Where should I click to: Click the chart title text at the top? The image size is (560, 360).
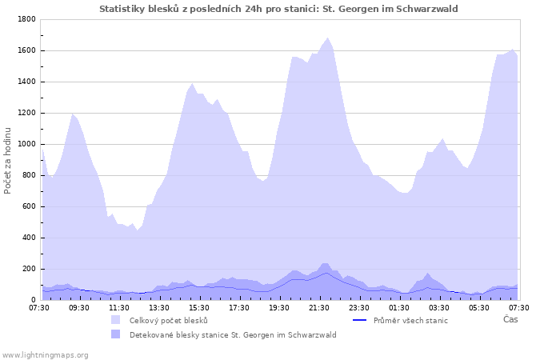point(278,8)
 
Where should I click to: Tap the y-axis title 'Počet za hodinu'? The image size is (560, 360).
point(8,159)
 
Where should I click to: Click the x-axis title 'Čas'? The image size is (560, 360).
point(510,319)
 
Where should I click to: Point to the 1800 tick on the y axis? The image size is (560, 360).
point(26,19)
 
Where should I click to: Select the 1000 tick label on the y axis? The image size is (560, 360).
point(26,144)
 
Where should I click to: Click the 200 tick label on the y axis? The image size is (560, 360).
point(28,269)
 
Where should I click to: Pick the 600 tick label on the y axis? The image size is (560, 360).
point(28,206)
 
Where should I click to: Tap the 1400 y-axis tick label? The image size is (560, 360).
point(26,82)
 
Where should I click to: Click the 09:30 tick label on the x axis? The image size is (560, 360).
point(79,307)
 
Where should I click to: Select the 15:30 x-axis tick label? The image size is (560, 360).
point(199,307)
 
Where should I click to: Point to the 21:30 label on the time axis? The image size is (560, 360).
point(319,307)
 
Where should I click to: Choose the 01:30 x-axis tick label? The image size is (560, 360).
point(399,307)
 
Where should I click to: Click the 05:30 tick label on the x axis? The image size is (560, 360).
point(479,307)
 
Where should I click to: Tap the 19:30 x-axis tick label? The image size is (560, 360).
point(279,307)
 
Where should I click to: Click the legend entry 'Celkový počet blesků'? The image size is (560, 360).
point(168,320)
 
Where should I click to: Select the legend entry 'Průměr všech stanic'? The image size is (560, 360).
point(410,320)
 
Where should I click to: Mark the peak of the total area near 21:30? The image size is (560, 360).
point(327,38)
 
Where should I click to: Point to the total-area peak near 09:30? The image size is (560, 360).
point(73,114)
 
